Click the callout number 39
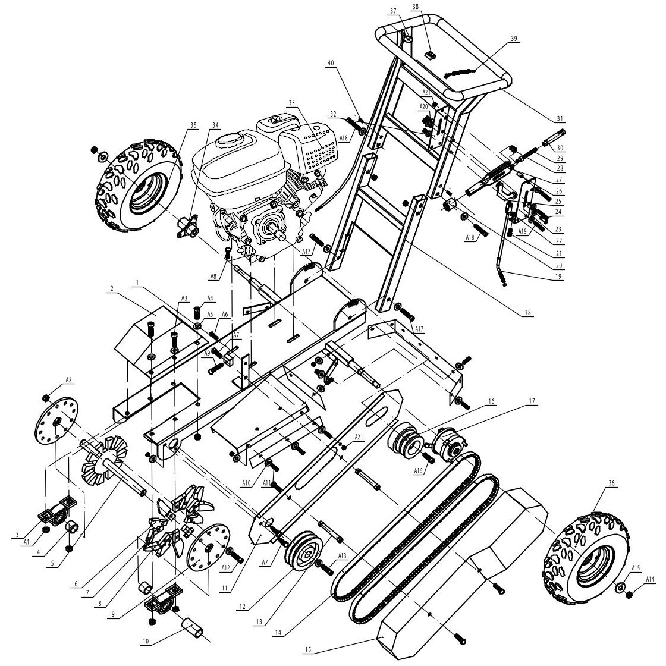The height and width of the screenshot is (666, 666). [x=514, y=39]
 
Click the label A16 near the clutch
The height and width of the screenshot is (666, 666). [x=419, y=471]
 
